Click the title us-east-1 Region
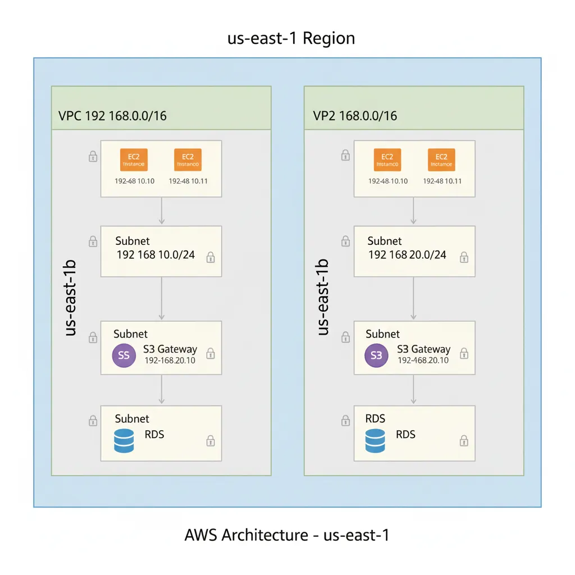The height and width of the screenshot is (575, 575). point(291,38)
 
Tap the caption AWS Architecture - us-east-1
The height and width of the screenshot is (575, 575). point(286,535)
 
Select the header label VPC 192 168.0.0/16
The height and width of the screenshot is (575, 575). point(112,116)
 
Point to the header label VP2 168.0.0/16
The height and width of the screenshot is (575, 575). point(354,116)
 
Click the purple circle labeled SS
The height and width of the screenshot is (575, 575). point(124,355)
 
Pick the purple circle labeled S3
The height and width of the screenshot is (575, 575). point(376,355)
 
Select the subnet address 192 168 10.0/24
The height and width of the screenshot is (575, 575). point(156,255)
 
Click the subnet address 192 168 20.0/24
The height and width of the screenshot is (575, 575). point(407,255)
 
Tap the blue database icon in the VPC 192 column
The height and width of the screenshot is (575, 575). point(124,441)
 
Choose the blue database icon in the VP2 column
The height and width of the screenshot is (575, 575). point(376,441)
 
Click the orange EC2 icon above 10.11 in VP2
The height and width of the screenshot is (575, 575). point(441,159)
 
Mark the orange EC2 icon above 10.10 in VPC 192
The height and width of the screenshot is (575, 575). point(134,159)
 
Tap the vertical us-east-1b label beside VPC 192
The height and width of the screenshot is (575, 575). point(71,298)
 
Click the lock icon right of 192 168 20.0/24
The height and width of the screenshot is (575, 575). point(464,257)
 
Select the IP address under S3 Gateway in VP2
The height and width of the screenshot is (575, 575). point(423,360)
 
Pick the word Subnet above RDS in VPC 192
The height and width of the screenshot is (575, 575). point(132,419)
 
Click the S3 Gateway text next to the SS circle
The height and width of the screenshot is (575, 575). point(170,349)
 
